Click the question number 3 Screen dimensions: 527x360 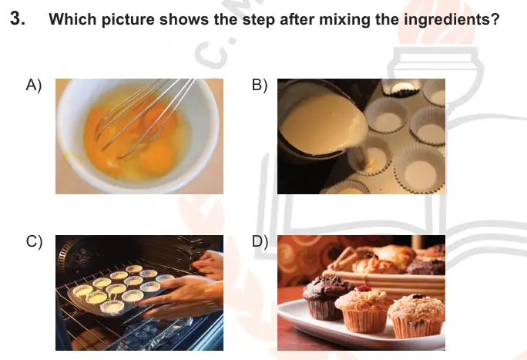click(18, 19)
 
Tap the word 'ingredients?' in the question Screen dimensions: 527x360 click(451, 19)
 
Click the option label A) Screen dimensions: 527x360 click(34, 85)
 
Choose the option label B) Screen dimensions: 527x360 click(260, 85)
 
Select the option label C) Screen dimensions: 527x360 click(34, 242)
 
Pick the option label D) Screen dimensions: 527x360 click(260, 242)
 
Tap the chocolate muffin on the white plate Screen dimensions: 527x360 click(325, 298)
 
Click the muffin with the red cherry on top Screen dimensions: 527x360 click(364, 309)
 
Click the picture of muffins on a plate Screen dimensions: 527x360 click(361, 293)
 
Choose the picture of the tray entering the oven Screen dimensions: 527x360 click(139, 293)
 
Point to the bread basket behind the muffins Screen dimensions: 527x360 click(387, 272)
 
